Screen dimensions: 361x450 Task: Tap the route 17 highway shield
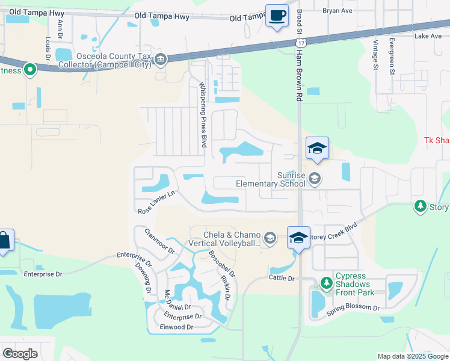click(300, 43)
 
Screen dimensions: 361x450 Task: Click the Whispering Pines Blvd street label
click(203, 116)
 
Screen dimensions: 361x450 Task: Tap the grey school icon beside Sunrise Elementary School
click(314, 178)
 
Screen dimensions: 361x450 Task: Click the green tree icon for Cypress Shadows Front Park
click(326, 282)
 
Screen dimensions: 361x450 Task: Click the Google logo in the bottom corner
click(20, 353)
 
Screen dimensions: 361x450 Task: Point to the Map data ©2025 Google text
click(412, 356)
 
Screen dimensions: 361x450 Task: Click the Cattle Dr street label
click(282, 278)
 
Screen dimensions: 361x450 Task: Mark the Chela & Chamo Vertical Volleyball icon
click(270, 238)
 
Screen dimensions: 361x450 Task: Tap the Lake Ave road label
click(428, 36)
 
